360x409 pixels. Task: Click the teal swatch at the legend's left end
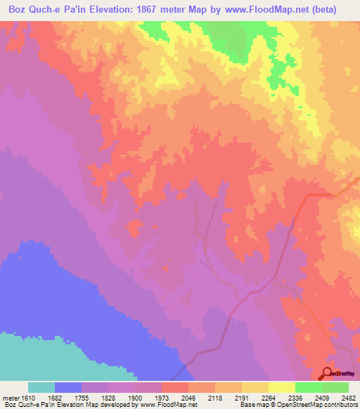(41, 387)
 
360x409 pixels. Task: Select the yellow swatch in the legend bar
(281, 387)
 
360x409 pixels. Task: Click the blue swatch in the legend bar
(67, 387)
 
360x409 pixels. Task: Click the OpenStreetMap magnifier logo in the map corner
(328, 373)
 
